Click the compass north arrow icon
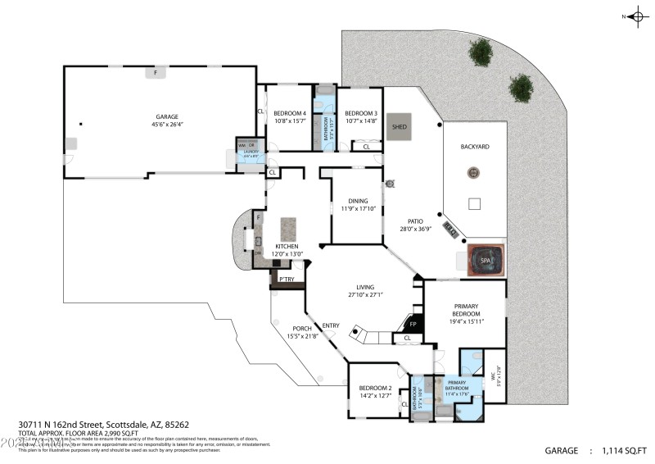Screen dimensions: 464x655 click(636, 16)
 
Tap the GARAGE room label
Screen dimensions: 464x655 click(167, 117)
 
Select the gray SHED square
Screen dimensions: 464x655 click(399, 127)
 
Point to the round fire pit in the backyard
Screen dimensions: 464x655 click(472, 173)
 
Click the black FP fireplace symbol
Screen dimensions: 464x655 click(413, 324)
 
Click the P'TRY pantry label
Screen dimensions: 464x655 click(287, 280)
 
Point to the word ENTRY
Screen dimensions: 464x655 click(330, 325)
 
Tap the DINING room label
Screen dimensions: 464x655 click(357, 201)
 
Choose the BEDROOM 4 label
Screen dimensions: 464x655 click(289, 113)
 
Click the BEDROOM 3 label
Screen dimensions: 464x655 click(360, 113)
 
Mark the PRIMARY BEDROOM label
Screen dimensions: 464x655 click(465, 310)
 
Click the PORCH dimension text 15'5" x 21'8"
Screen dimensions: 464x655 click(303, 336)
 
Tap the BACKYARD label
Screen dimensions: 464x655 click(474, 147)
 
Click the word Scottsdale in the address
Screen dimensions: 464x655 click(120, 425)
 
